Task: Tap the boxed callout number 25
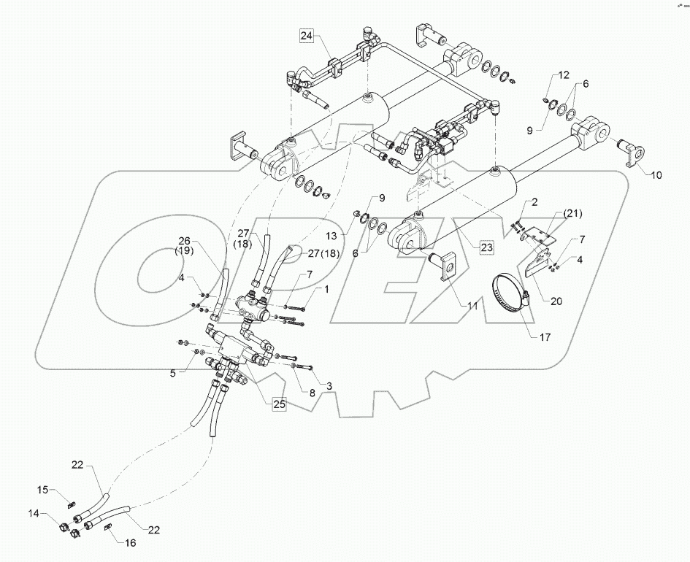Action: click(280, 404)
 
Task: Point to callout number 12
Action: click(563, 74)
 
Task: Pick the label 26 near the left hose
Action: click(185, 241)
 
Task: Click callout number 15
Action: click(42, 489)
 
